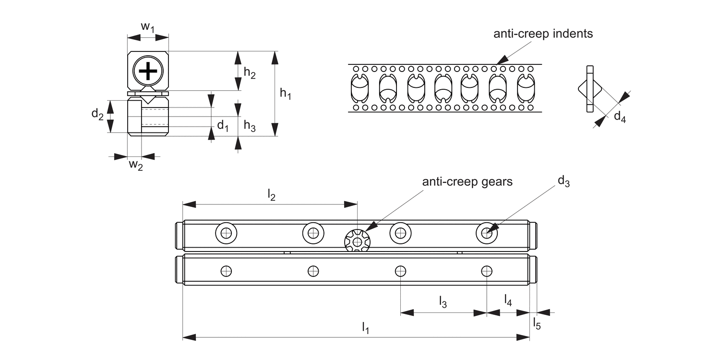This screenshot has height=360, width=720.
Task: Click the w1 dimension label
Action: point(147,28)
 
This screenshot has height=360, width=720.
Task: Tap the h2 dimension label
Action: point(250,73)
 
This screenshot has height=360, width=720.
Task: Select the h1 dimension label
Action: point(286,94)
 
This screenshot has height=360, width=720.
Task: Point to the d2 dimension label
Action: point(97,115)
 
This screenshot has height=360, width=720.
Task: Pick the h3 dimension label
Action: point(250,126)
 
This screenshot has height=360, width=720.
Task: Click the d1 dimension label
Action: point(223,126)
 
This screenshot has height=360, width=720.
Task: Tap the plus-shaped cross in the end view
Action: point(148,71)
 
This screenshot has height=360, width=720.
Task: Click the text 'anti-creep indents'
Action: point(543,34)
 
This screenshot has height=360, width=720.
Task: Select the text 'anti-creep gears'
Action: point(467,181)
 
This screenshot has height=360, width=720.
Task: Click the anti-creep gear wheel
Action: point(357,241)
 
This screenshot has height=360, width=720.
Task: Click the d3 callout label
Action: point(564,181)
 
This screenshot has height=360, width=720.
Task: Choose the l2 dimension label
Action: point(271,195)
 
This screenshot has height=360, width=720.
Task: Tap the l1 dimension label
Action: point(366,328)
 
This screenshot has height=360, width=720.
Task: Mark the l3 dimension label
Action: point(443,302)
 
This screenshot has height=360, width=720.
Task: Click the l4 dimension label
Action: point(508,300)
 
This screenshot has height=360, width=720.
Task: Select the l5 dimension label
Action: point(537,324)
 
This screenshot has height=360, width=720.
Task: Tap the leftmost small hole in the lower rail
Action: point(226,271)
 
